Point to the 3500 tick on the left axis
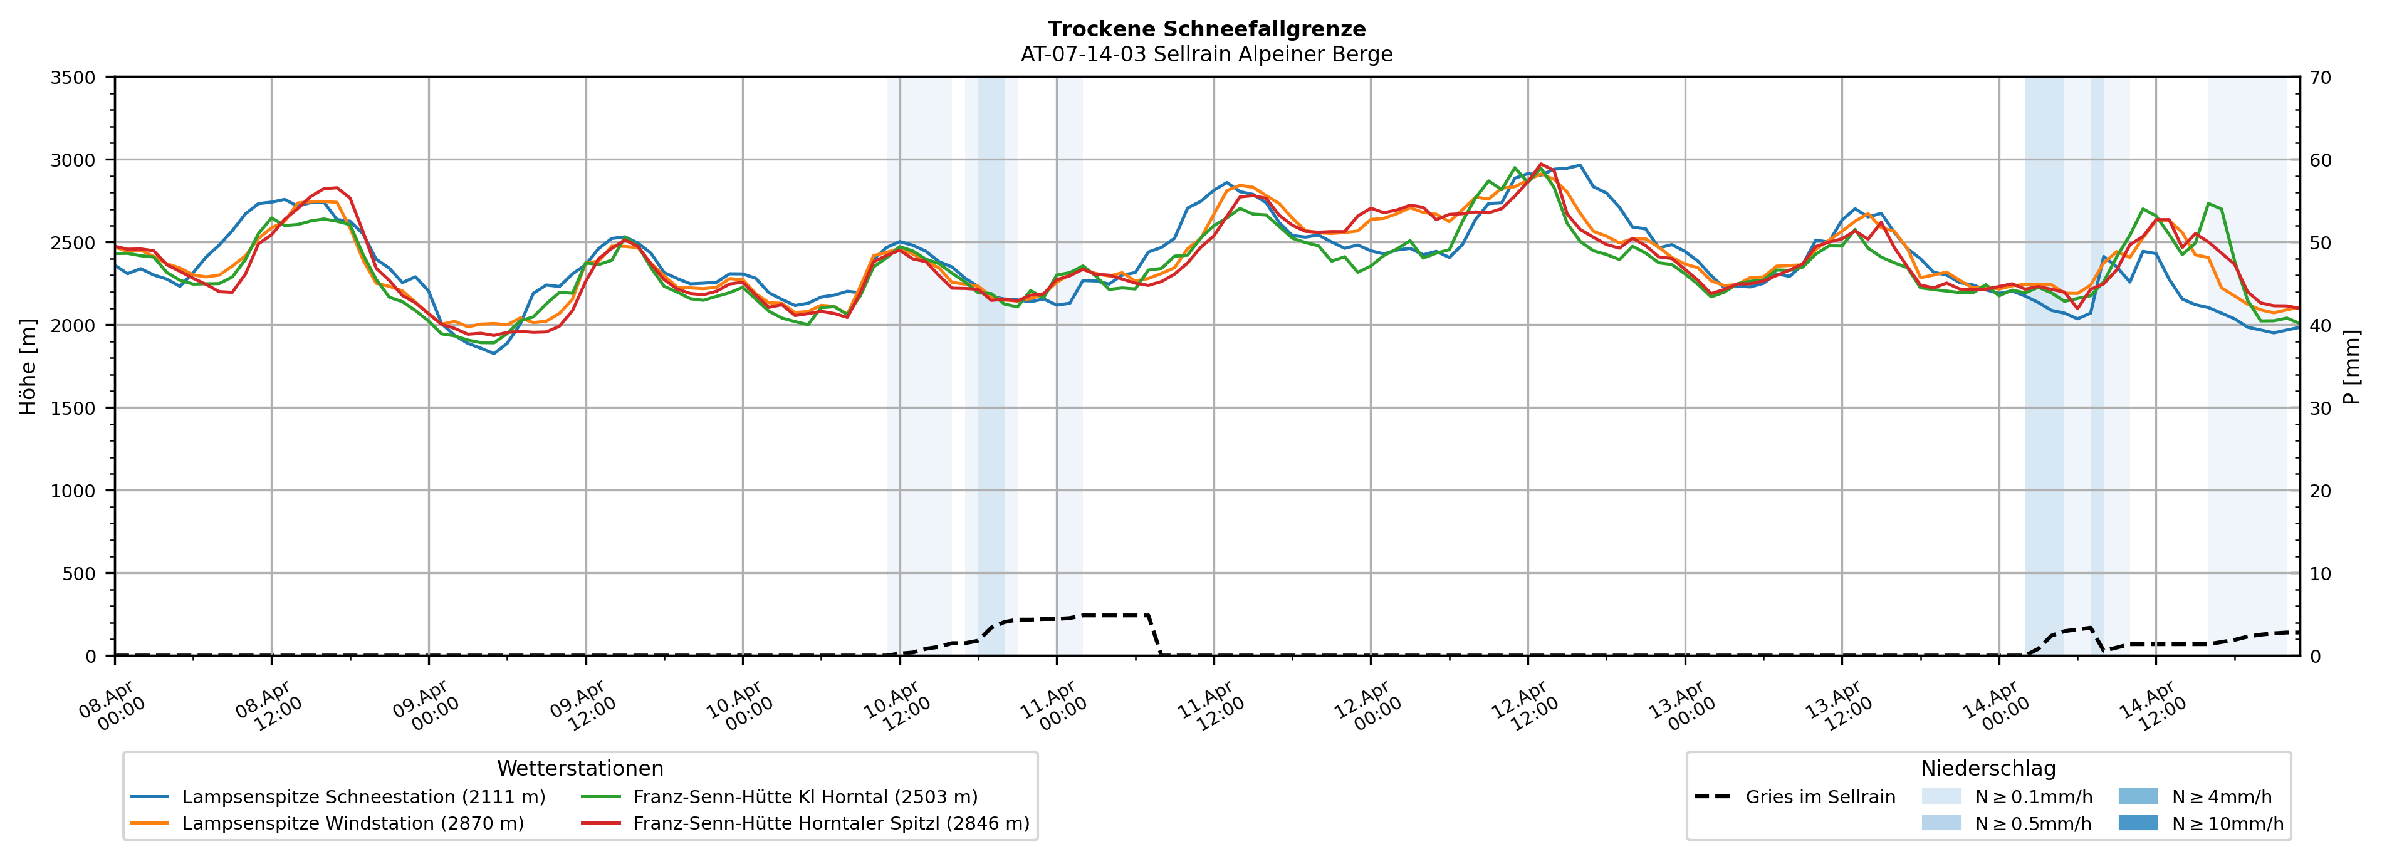73,78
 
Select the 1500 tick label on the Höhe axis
73,408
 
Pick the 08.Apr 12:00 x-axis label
268,707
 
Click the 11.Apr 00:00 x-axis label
1053,707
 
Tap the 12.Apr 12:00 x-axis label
1525,707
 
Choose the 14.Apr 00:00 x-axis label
1995,707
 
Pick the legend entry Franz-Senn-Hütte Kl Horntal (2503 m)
805,797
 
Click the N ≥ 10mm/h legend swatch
2137,823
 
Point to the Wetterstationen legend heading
580,768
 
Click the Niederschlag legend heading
1988,768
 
